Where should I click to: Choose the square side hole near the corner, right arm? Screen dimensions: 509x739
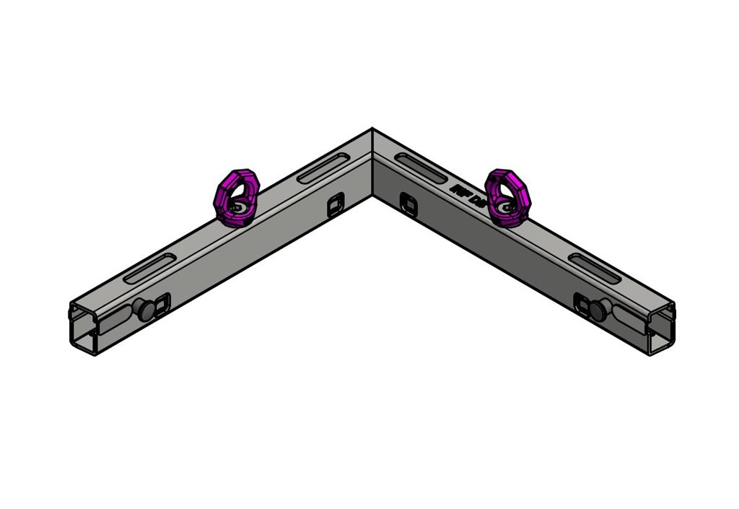[x=408, y=204]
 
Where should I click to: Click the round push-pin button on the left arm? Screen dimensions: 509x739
[x=145, y=310]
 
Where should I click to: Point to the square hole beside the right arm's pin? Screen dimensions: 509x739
[x=582, y=303]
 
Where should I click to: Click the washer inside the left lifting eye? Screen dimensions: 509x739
[x=238, y=208]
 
